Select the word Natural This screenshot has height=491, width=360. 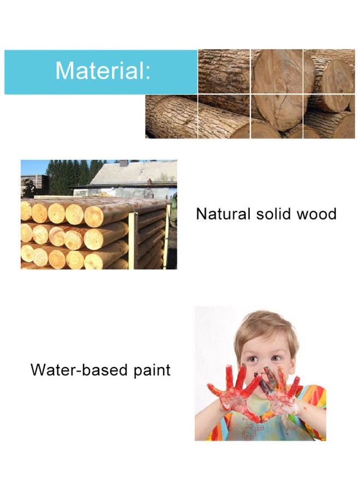[x=223, y=213]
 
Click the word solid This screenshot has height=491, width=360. [x=272, y=213]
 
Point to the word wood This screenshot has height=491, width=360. [x=316, y=213]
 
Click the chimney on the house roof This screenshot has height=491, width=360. [x=123, y=163]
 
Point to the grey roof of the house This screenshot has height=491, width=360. [x=136, y=173]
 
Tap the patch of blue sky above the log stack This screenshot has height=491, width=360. [x=33, y=166]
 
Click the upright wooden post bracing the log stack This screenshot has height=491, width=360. [x=132, y=240]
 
